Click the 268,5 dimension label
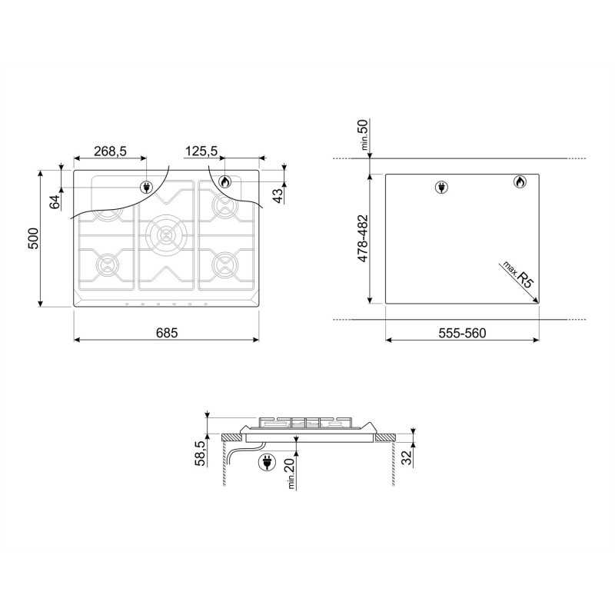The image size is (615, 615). click(110, 151)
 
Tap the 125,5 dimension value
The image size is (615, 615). click(201, 151)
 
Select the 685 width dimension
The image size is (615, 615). click(167, 333)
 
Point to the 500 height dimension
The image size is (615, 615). click(33, 238)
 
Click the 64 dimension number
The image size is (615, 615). click(55, 202)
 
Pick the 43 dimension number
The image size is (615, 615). click(278, 196)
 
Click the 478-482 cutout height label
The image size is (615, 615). click(363, 238)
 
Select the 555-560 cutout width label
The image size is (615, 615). click(462, 333)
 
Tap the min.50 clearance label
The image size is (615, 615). click(364, 135)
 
